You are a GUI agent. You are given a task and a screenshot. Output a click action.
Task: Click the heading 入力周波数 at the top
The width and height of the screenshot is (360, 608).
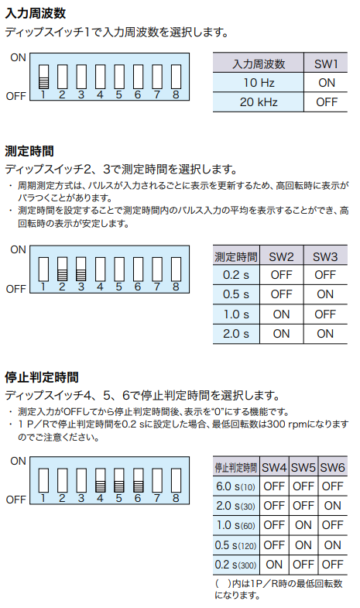pyautogui.click(x=36, y=13)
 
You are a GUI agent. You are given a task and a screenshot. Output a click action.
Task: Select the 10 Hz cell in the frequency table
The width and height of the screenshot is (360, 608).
pyautogui.click(x=259, y=83)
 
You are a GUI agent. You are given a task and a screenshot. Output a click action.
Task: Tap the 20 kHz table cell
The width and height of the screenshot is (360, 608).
pyautogui.click(x=259, y=102)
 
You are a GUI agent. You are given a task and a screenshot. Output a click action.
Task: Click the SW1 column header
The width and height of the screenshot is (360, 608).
pyautogui.click(x=326, y=64)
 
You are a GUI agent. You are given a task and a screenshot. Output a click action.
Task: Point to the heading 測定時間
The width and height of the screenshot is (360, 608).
pyautogui.click(x=29, y=151)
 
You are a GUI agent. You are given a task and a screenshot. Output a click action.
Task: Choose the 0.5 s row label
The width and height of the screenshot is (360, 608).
pyautogui.click(x=236, y=294)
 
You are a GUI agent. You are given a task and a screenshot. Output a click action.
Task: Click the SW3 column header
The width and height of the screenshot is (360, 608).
pyautogui.click(x=325, y=256)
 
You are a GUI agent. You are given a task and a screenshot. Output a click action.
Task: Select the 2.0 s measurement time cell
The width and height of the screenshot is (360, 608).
pyautogui.click(x=236, y=334)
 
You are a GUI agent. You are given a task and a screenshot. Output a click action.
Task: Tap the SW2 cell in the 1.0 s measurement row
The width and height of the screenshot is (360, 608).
pyautogui.click(x=281, y=314)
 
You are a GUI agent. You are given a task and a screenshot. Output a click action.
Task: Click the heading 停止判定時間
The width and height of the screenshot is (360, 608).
pyautogui.click(x=42, y=377)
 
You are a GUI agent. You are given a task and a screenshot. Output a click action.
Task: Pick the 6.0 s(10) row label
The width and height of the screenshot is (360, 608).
pyautogui.click(x=235, y=486)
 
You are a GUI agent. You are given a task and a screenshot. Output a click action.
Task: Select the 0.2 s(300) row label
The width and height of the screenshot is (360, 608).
pyautogui.click(x=235, y=565)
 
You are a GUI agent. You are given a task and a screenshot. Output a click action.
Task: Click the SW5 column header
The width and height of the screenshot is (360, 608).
pyautogui.click(x=303, y=467)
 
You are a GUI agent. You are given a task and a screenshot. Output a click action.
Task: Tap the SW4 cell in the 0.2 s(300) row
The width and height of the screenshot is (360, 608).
pyautogui.click(x=274, y=565)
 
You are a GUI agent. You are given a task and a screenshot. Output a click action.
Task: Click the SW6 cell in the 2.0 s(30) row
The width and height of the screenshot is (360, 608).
pyautogui.click(x=332, y=506)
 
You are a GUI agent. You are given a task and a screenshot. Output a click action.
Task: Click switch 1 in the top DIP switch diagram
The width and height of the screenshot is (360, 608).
pyautogui.click(x=44, y=77)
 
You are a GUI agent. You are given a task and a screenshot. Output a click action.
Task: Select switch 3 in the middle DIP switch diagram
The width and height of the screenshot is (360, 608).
pyautogui.click(x=81, y=269)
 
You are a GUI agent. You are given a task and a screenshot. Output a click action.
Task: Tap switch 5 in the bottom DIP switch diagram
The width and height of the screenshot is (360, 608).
pyautogui.click(x=119, y=481)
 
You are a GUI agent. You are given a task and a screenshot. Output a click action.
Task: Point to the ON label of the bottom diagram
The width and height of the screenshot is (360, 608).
pyautogui.click(x=18, y=461)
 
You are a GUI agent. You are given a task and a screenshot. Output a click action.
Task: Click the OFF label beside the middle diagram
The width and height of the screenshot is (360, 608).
pyautogui.click(x=16, y=289)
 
